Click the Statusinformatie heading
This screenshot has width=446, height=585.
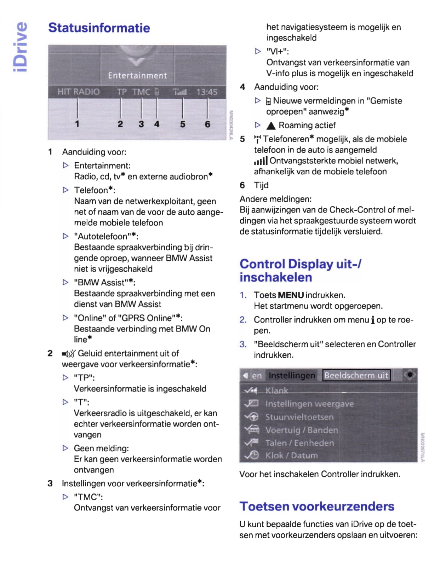[99, 28]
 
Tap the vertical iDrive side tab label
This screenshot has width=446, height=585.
[20, 47]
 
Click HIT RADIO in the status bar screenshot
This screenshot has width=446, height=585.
[79, 92]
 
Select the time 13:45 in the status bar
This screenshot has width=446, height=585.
[207, 92]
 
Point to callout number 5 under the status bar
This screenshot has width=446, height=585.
[183, 124]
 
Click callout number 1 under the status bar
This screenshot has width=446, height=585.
[77, 124]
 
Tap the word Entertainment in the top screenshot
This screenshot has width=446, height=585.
[137, 76]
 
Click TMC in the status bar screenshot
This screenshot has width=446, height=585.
[141, 92]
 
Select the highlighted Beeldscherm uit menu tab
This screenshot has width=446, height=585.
[356, 375]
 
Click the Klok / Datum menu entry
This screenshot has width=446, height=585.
[292, 456]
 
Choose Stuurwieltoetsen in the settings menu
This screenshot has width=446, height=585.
[299, 417]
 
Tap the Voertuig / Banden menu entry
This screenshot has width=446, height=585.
[302, 430]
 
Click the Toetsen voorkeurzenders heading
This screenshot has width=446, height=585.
[317, 506]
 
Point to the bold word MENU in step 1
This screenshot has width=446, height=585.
[291, 295]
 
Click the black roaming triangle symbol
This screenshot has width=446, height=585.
[271, 126]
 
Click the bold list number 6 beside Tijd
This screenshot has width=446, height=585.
[242, 185]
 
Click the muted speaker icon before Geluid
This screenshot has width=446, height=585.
[69, 354]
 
